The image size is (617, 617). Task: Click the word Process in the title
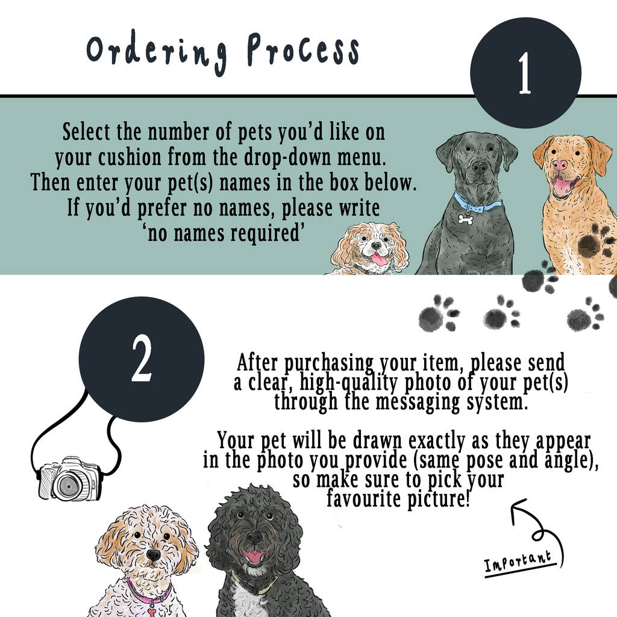tap(303, 49)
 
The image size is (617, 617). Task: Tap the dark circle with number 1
tap(525, 73)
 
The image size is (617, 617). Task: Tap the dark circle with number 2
tap(142, 359)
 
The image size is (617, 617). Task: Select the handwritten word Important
tap(518, 561)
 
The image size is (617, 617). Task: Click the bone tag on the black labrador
tap(466, 219)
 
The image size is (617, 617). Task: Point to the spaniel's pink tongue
tap(378, 258)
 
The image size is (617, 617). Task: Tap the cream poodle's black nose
tap(153, 555)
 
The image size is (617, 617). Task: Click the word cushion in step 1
tap(130, 158)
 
